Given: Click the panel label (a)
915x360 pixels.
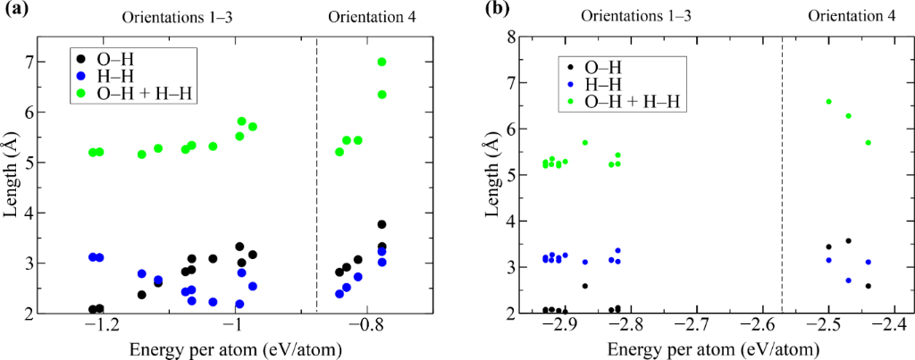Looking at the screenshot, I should pos(15,13).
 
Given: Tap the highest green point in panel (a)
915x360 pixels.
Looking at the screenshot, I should pos(382,62).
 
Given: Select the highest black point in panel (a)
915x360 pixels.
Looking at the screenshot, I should pos(382,224).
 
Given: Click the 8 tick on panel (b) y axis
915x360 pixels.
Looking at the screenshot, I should pos(532,37).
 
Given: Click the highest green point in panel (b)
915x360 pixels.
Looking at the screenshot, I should pos(828,102).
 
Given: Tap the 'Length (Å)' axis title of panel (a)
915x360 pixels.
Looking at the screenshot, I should pos(20,174).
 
